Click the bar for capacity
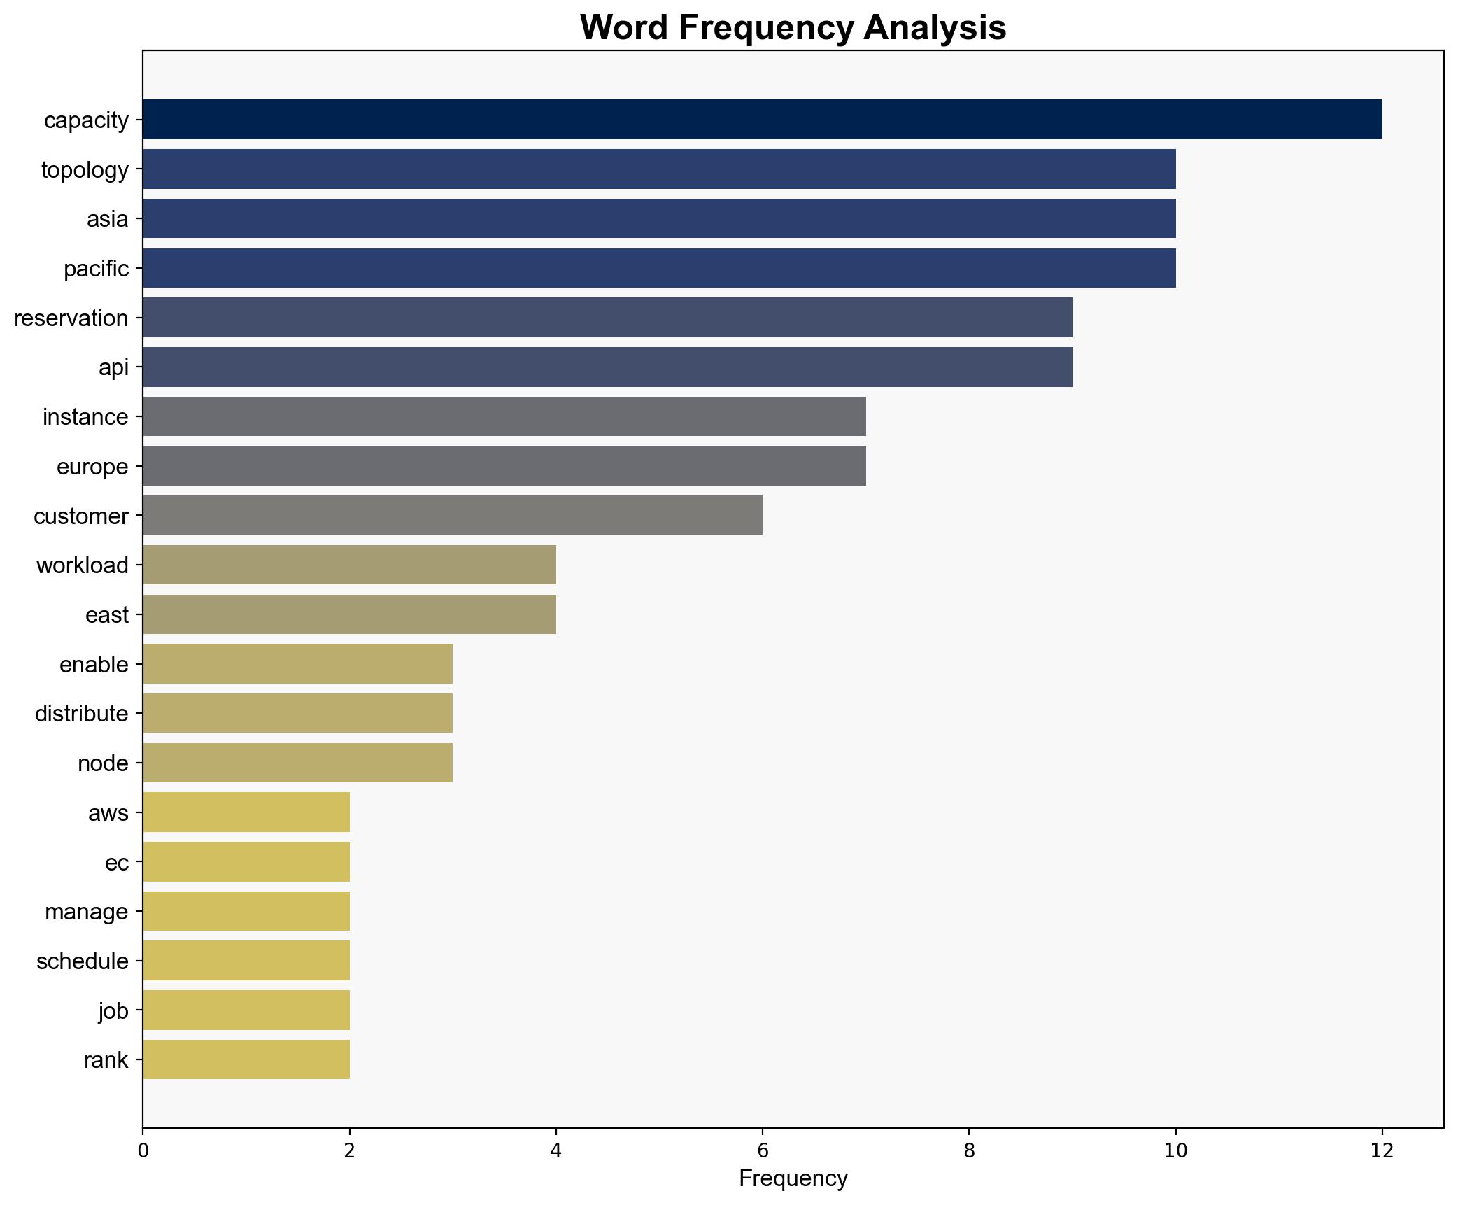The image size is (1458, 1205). (762, 120)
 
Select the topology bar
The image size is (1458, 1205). (659, 169)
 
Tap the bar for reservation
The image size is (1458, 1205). (607, 318)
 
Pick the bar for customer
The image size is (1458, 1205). (453, 516)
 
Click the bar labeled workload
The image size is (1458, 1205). (349, 565)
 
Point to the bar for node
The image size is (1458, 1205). (297, 763)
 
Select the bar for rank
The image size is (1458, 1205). (246, 1059)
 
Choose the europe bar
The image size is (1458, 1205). (504, 466)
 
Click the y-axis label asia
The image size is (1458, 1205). (108, 219)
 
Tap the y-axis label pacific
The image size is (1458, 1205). (97, 269)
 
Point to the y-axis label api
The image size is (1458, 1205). (114, 367)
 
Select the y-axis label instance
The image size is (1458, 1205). (85, 417)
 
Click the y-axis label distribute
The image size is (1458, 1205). (82, 714)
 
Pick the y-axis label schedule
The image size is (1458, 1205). (83, 961)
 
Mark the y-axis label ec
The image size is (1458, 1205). (117, 863)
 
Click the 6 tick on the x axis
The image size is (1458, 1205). (763, 1150)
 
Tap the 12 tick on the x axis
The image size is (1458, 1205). (1382, 1150)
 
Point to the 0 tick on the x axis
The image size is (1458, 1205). (143, 1150)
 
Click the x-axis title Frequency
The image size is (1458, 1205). (793, 1179)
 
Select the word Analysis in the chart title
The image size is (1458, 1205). (935, 28)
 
